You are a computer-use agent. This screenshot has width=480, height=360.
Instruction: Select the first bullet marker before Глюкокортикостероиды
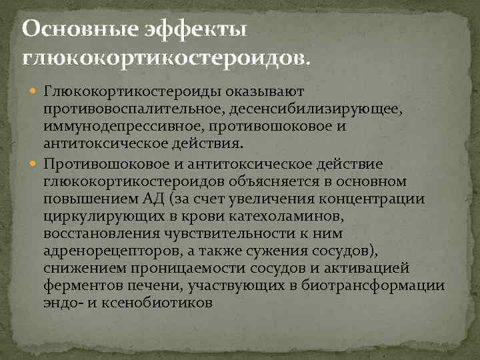tap(34, 90)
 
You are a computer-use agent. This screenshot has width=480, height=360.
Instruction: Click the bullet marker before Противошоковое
tap(34, 164)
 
